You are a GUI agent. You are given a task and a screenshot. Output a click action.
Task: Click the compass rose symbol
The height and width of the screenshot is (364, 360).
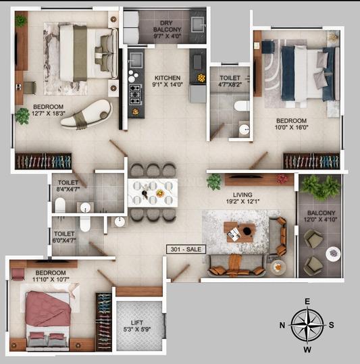point(307,325)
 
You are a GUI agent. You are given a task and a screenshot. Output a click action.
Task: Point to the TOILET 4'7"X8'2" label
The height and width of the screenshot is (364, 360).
point(229,82)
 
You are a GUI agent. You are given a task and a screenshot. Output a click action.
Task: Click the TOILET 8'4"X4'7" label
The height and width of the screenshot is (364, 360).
point(68,186)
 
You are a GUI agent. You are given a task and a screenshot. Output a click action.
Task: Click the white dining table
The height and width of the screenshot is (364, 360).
point(153,190)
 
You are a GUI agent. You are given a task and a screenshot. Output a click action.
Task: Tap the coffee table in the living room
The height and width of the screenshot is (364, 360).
point(240,232)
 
